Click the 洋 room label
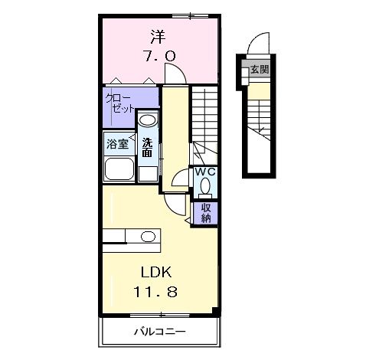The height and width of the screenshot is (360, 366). click(x=158, y=37)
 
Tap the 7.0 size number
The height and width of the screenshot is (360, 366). click(x=159, y=56)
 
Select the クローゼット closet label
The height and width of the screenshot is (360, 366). click(x=119, y=103)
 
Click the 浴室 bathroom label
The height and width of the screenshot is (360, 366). click(x=117, y=144)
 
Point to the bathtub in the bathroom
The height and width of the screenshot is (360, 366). click(x=119, y=169)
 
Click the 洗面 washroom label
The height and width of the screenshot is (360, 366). click(x=148, y=148)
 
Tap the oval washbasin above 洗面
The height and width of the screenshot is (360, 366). click(x=148, y=119)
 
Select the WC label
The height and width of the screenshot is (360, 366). click(x=205, y=172)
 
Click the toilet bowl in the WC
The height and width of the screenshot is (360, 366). click(x=205, y=185)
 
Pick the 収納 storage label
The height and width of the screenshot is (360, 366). click(x=206, y=213)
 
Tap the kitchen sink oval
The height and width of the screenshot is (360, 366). click(x=148, y=237)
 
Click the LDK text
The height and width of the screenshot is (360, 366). click(x=156, y=272)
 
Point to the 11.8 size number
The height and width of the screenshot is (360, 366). click(x=155, y=292)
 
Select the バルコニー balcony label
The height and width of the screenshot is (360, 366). click(x=160, y=332)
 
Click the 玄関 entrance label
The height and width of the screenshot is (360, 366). click(x=260, y=69)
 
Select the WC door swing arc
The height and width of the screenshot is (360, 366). click(x=177, y=174)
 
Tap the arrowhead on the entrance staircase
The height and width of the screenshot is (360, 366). click(x=261, y=130)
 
